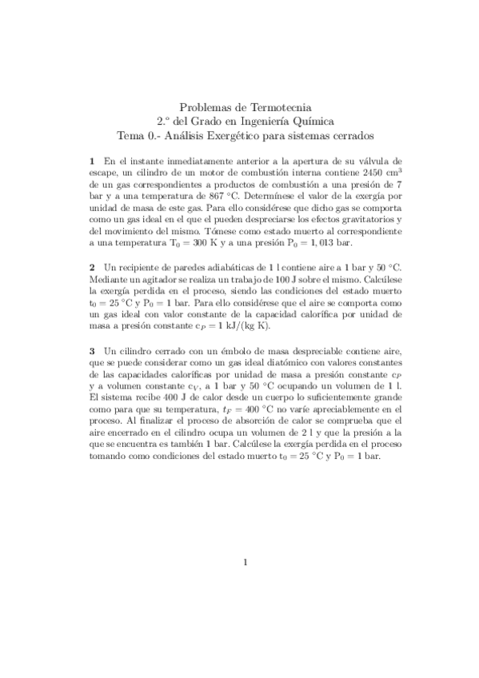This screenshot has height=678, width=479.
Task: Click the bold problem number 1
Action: click(93, 160)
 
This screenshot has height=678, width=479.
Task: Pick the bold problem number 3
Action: click(93, 351)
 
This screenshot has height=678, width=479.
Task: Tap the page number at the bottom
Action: click(245, 562)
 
